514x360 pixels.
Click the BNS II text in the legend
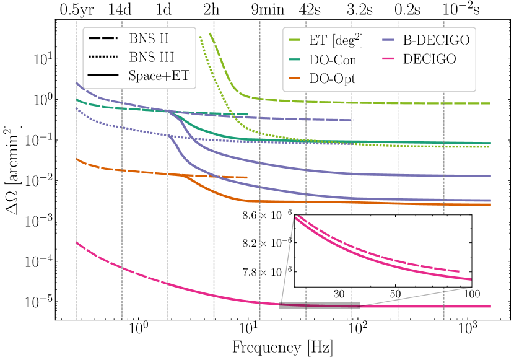click(149, 38)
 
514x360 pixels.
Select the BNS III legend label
click(151, 58)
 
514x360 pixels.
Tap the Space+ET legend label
click(159, 76)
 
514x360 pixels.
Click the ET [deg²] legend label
click(336, 40)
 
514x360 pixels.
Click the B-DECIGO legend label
click(436, 40)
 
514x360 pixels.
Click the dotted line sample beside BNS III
click(103, 58)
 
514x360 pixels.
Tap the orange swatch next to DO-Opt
click(295, 79)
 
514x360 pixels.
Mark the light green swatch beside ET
click(295, 40)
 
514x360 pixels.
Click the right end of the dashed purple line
click(352, 120)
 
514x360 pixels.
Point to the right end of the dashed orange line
click(247, 177)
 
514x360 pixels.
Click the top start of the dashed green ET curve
click(211, 33)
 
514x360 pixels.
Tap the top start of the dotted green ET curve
click(199, 36)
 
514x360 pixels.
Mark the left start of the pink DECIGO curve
click(76, 242)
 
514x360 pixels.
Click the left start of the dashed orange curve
click(76, 159)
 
